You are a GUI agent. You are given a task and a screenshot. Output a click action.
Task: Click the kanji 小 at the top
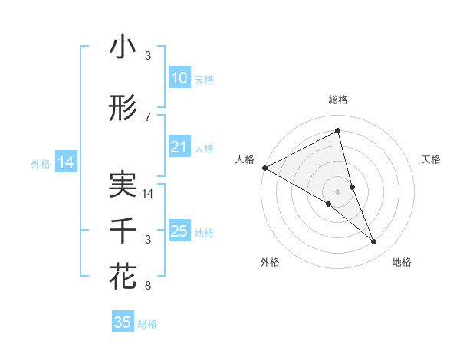123,47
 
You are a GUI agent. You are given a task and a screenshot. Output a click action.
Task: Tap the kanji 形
123,109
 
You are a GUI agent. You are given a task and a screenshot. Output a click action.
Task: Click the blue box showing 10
179,78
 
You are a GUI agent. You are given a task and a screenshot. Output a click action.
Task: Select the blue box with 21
179,148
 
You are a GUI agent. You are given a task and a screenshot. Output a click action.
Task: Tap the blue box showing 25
179,231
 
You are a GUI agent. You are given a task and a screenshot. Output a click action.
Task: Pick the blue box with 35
123,322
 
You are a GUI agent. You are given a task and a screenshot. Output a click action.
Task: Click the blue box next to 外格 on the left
65,162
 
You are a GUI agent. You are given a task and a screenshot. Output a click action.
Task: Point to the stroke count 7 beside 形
148,117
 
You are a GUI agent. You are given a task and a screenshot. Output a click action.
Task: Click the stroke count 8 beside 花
148,286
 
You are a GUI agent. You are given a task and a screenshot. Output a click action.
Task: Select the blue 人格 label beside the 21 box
205,149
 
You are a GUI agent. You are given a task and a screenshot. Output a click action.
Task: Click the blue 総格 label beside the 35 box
147,324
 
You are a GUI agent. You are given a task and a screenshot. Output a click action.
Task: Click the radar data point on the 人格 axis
264,168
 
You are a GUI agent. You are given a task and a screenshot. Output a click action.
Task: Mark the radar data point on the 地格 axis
374,242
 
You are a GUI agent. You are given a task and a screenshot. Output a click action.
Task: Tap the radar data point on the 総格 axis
337,131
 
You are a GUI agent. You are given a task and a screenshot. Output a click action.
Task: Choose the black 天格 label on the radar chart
432,159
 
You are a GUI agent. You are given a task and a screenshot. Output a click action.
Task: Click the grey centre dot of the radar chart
337,191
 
